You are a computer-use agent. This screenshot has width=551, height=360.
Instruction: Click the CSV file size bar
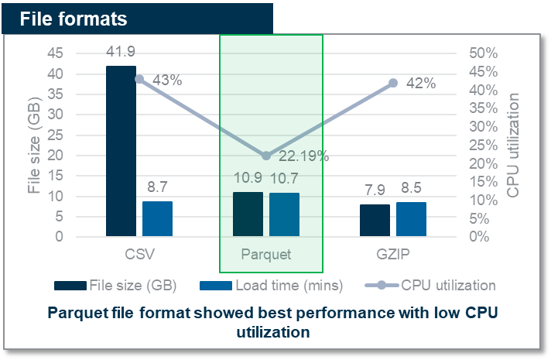(x=121, y=151)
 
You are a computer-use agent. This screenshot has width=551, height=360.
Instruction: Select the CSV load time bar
(x=157, y=218)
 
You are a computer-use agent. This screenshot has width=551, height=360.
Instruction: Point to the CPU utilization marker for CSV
(x=139, y=79)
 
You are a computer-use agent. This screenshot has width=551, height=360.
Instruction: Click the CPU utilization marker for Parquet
(x=266, y=156)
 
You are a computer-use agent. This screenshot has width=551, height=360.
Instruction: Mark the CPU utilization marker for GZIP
(x=393, y=83)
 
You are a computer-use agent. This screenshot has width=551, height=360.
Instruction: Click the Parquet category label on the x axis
(x=266, y=255)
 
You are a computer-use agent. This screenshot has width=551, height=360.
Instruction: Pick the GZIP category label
(x=393, y=255)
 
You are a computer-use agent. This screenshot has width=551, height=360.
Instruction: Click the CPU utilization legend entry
(x=447, y=285)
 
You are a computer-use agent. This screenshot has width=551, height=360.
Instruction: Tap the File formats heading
(x=74, y=17)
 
